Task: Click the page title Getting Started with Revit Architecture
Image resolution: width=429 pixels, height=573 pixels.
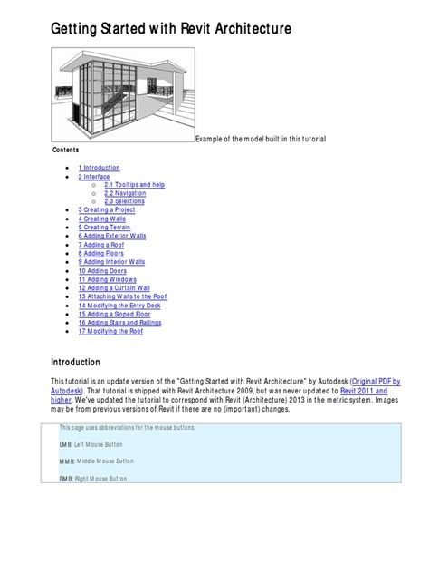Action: (171, 30)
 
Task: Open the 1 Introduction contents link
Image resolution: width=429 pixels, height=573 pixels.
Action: (99, 168)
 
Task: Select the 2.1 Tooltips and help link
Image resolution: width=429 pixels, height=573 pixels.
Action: (134, 185)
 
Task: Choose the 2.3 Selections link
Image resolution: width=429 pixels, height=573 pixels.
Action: (124, 201)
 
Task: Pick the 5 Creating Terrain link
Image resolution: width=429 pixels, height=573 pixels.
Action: (105, 227)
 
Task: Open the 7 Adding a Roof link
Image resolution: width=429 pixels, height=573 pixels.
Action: (101, 245)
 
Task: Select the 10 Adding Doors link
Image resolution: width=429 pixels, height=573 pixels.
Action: (102, 270)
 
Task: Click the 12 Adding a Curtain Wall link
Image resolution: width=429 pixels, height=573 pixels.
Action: (115, 287)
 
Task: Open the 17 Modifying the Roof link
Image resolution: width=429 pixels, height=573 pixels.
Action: (111, 331)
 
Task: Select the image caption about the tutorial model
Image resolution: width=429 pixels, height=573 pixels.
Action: (261, 138)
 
